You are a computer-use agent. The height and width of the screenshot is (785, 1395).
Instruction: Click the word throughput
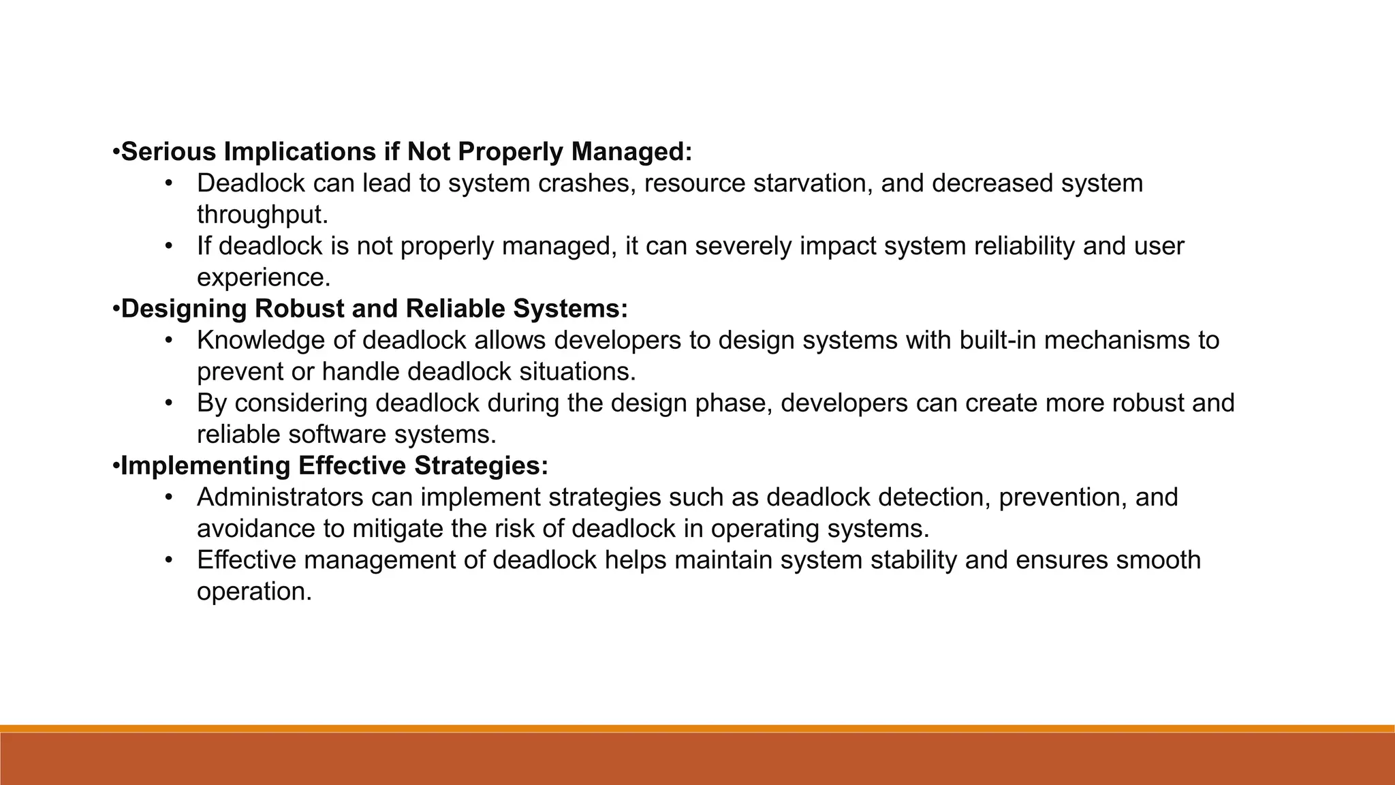click(262, 215)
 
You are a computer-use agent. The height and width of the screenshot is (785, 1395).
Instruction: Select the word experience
click(263, 277)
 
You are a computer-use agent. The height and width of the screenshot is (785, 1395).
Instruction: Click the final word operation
click(253, 591)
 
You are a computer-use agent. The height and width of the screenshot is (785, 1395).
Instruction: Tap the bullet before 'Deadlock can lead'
click(169, 183)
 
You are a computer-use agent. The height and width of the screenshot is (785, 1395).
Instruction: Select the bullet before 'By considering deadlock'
click(169, 403)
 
